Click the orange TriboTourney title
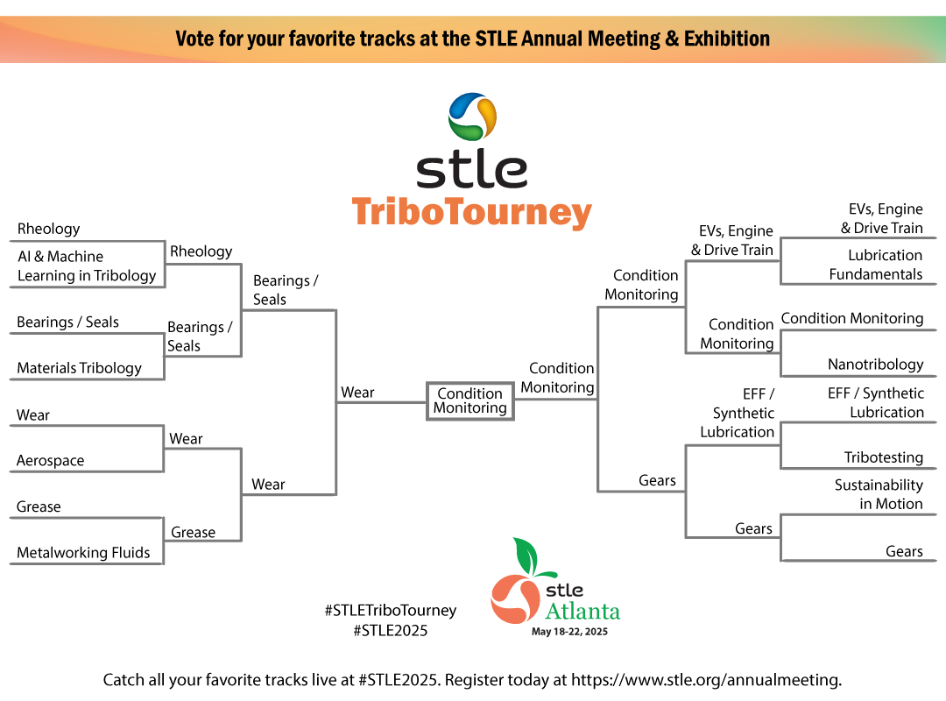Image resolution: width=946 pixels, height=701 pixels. [472, 213]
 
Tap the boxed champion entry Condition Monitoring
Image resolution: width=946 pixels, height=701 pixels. [470, 400]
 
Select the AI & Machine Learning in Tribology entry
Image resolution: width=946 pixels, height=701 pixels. [87, 266]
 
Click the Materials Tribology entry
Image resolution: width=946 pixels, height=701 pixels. [79, 368]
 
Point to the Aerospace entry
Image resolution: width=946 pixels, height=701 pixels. [50, 460]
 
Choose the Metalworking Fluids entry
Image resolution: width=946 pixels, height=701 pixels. [83, 552]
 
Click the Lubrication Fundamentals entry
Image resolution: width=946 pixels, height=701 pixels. [875, 265]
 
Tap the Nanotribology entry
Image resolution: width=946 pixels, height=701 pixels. [875, 365]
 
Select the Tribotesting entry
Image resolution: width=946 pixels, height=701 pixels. [883, 457]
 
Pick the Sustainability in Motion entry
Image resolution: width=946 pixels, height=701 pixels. [879, 494]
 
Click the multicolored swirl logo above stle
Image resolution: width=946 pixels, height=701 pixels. [472, 116]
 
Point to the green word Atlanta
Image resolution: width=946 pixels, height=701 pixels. [582, 611]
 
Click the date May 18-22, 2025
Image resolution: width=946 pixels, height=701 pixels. [569, 632]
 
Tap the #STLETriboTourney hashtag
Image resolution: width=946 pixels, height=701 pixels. [391, 610]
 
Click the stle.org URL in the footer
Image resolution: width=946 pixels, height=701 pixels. [706, 680]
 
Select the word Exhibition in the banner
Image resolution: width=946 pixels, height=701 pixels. [727, 39]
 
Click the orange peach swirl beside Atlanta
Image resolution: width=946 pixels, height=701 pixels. [515, 599]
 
